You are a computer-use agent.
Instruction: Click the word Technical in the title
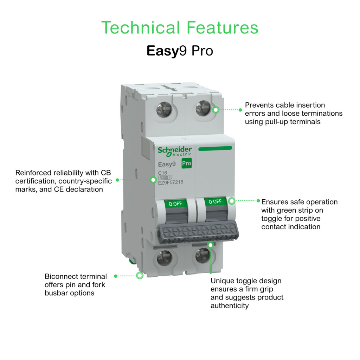click(141, 27)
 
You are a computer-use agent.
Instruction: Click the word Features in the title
click(223, 27)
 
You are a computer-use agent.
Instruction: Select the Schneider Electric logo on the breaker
click(175, 152)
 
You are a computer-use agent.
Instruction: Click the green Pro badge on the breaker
click(186, 163)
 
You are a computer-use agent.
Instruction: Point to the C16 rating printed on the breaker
click(162, 173)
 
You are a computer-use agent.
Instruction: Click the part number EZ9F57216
click(171, 182)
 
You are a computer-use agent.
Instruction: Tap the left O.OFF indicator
click(175, 204)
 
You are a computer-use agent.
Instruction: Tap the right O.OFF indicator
click(215, 201)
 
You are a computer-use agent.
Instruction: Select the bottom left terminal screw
click(165, 258)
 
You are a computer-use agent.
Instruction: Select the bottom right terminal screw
click(203, 256)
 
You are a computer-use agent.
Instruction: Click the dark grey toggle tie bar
click(198, 232)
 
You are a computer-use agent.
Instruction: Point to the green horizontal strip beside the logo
click(215, 149)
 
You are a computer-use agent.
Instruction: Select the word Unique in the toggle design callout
click(222, 281)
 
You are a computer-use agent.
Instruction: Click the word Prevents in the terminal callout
click(259, 105)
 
